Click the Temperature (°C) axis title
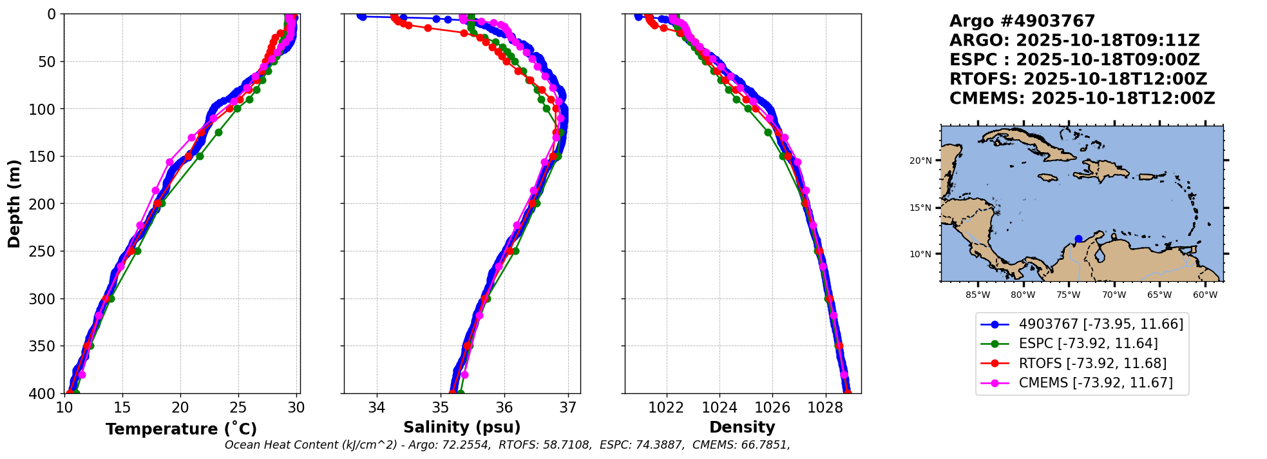point(181,429)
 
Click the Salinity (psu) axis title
point(462,427)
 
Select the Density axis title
point(742,427)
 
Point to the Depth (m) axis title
point(14,203)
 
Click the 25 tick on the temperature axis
point(238,407)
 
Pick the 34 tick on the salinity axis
point(376,407)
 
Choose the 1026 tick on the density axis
point(772,407)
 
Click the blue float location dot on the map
point(1078,239)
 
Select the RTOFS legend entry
point(1092,364)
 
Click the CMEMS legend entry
point(1096,383)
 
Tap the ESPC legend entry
point(1088,344)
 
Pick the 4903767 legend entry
point(1101,324)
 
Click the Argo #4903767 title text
point(1022,21)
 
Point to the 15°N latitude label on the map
point(920,208)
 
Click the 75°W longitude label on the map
point(1068,295)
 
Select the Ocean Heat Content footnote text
point(507,445)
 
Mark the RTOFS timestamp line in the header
point(1078,79)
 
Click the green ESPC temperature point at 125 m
point(218,132)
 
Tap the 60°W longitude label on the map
point(1205,295)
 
